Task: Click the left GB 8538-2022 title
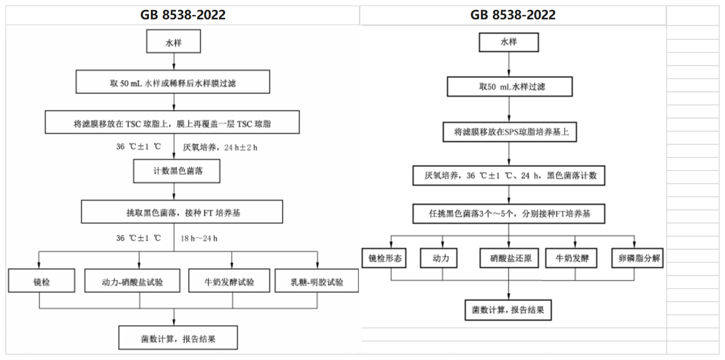[183, 15]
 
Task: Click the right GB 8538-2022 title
[513, 15]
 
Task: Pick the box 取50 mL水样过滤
[510, 86]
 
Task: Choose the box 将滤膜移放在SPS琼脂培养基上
[510, 131]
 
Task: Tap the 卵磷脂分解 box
[637, 258]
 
